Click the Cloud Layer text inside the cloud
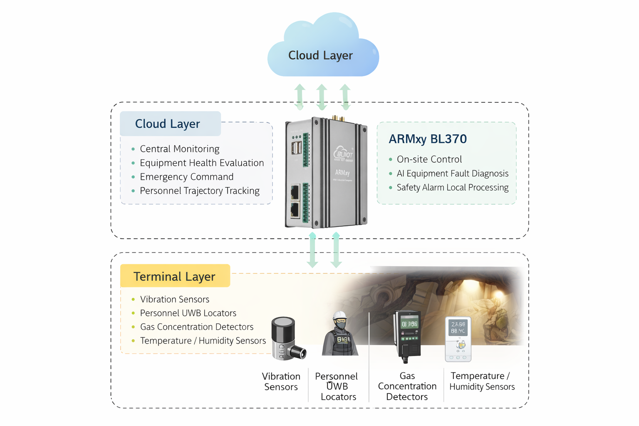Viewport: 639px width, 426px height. [320, 55]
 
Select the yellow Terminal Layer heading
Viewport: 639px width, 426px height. [174, 276]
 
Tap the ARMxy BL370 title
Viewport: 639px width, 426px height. [427, 139]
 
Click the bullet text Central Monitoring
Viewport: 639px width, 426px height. [179, 149]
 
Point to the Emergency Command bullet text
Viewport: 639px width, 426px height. [186, 177]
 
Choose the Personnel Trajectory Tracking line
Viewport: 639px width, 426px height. [199, 191]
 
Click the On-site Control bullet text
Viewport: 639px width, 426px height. [429, 159]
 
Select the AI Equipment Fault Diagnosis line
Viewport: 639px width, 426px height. [452, 173]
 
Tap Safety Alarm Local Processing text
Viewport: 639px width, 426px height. [452, 188]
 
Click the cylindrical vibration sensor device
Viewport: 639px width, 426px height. [285, 338]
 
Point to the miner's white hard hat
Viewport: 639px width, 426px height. [339, 315]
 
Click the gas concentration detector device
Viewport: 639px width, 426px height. [408, 335]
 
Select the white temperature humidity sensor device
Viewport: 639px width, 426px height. [458, 339]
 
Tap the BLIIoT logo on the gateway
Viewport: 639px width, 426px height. [343, 154]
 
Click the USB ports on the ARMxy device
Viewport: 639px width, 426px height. [296, 148]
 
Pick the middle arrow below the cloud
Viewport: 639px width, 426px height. [322, 97]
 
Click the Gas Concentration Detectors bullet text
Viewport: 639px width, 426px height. [196, 327]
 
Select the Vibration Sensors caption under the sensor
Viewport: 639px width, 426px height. [281, 381]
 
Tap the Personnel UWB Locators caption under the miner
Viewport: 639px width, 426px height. [337, 386]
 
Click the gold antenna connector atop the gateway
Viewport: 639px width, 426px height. [334, 118]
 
